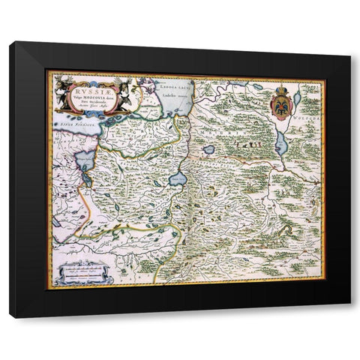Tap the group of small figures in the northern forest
click(247, 139)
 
